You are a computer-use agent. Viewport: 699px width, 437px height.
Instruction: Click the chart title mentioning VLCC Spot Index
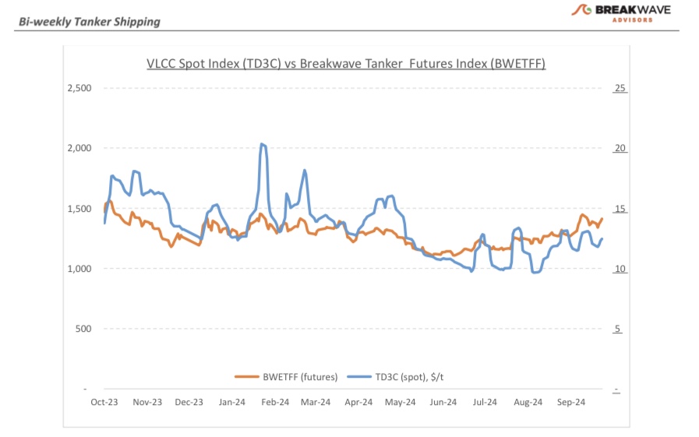pyautogui.click(x=346, y=64)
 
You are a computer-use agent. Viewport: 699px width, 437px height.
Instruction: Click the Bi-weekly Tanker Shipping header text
pyautogui.click(x=89, y=22)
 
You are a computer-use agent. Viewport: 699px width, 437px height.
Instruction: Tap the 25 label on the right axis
pyautogui.click(x=620, y=88)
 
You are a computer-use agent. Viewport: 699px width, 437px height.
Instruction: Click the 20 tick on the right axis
pyautogui.click(x=620, y=149)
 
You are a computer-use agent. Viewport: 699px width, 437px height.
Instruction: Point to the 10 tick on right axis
pyautogui.click(x=620, y=269)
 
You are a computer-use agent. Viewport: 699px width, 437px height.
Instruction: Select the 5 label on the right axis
pyautogui.click(x=618, y=329)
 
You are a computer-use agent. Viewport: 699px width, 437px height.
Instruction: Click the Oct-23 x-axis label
pyautogui.click(x=104, y=402)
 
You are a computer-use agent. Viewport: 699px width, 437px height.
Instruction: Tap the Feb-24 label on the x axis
pyautogui.click(x=274, y=402)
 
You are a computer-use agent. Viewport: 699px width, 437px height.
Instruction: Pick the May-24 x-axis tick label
pyautogui.click(x=401, y=402)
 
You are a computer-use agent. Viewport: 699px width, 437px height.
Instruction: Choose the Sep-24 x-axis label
pyautogui.click(x=570, y=402)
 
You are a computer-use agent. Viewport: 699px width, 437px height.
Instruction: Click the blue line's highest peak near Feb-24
pyautogui.click(x=263, y=144)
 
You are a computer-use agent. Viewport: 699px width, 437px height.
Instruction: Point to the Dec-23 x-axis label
pyautogui.click(x=189, y=402)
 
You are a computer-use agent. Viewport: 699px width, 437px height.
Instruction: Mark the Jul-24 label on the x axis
pyautogui.click(x=485, y=402)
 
